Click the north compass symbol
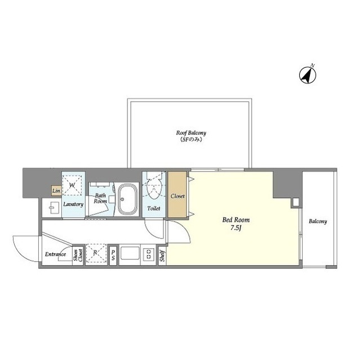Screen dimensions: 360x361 308,74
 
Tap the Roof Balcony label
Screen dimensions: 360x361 191,133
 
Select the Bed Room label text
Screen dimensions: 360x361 236,220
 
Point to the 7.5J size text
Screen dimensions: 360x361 236,228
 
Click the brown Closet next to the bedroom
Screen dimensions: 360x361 177,194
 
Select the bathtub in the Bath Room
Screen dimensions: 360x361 128,199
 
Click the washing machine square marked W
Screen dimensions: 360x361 72,185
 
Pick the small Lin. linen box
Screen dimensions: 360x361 56,191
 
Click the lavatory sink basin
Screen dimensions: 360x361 52,208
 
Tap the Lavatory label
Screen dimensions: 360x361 73,204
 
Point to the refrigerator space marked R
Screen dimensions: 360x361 96,253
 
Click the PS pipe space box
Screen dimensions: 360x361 113,255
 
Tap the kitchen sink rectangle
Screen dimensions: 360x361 130,253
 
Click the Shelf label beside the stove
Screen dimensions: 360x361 162,256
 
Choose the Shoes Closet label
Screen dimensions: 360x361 78,255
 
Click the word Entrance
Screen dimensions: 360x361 55,254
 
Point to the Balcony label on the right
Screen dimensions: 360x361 318,222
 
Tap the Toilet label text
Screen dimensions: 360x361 154,208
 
